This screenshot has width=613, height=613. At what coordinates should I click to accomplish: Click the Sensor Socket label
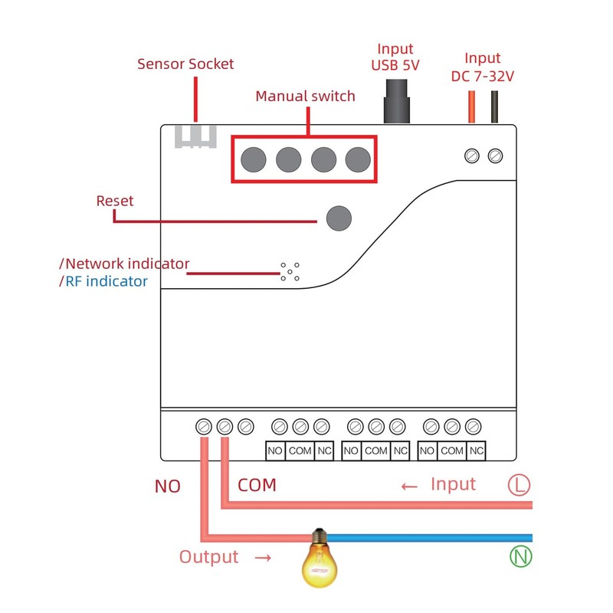[185, 64]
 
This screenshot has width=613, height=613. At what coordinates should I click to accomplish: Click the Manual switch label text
[305, 97]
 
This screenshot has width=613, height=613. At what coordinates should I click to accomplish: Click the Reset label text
[115, 201]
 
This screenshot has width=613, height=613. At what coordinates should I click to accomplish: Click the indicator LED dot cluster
[290, 270]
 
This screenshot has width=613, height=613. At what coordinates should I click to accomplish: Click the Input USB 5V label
[395, 57]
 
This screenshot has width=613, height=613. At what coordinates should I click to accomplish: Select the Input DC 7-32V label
[483, 67]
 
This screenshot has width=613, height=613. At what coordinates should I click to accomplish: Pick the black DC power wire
[495, 107]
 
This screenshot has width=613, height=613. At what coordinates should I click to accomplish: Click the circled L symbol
[520, 484]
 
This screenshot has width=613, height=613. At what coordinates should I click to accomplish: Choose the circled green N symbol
[520, 556]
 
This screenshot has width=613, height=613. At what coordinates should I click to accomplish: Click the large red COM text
[257, 486]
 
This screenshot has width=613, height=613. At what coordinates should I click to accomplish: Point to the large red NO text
[168, 487]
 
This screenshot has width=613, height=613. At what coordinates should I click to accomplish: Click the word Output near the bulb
[209, 557]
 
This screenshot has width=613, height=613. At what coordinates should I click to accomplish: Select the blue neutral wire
[429, 537]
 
